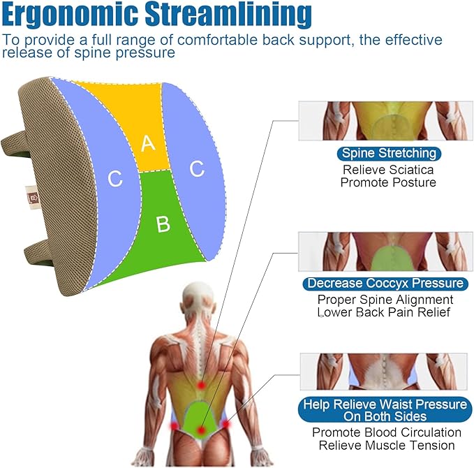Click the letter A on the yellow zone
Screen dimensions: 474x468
pos(148,143)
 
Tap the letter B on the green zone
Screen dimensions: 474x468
pos(163,224)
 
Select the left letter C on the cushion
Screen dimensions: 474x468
pos(115,179)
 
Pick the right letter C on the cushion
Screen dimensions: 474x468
pos(197,168)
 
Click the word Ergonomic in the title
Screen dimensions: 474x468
pos(70,14)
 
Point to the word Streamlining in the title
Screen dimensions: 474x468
pos(228,14)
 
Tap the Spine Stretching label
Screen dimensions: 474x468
pos(389,154)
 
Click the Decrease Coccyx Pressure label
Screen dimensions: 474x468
pos(385,284)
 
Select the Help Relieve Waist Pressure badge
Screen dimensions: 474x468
pos(385,410)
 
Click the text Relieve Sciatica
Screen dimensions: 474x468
pos(388,170)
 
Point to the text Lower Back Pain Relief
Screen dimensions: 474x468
pos(384,312)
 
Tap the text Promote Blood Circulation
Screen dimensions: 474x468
pos(387,432)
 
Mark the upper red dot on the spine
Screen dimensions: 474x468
pos(201,386)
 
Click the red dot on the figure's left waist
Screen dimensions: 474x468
pos(174,425)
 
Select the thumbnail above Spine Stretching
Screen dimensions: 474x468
pos(386,121)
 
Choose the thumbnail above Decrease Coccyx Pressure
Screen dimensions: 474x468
pos(386,251)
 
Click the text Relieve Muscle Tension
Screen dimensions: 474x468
pos(387,446)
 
